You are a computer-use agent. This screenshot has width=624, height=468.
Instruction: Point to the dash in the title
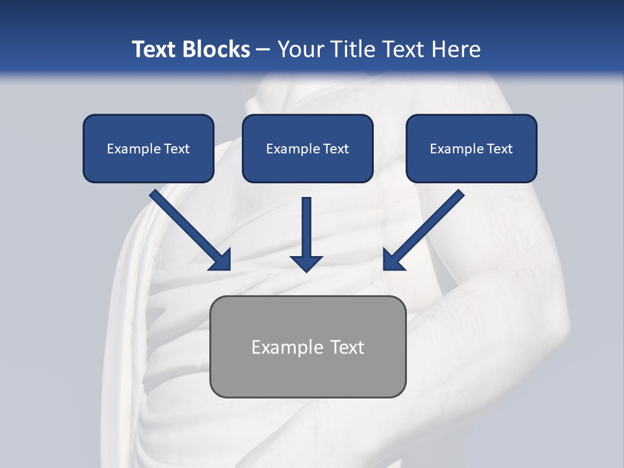click(263, 50)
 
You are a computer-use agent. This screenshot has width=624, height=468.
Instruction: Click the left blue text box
click(148, 148)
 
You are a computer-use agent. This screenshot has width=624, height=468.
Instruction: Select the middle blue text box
click(307, 148)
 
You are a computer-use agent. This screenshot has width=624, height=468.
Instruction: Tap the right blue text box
click(471, 148)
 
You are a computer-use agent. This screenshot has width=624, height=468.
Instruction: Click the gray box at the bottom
click(307, 346)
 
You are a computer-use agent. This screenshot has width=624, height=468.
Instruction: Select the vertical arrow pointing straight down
click(307, 231)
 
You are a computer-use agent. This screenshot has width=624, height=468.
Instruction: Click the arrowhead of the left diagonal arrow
click(222, 261)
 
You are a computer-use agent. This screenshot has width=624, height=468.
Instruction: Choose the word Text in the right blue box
click(499, 149)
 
